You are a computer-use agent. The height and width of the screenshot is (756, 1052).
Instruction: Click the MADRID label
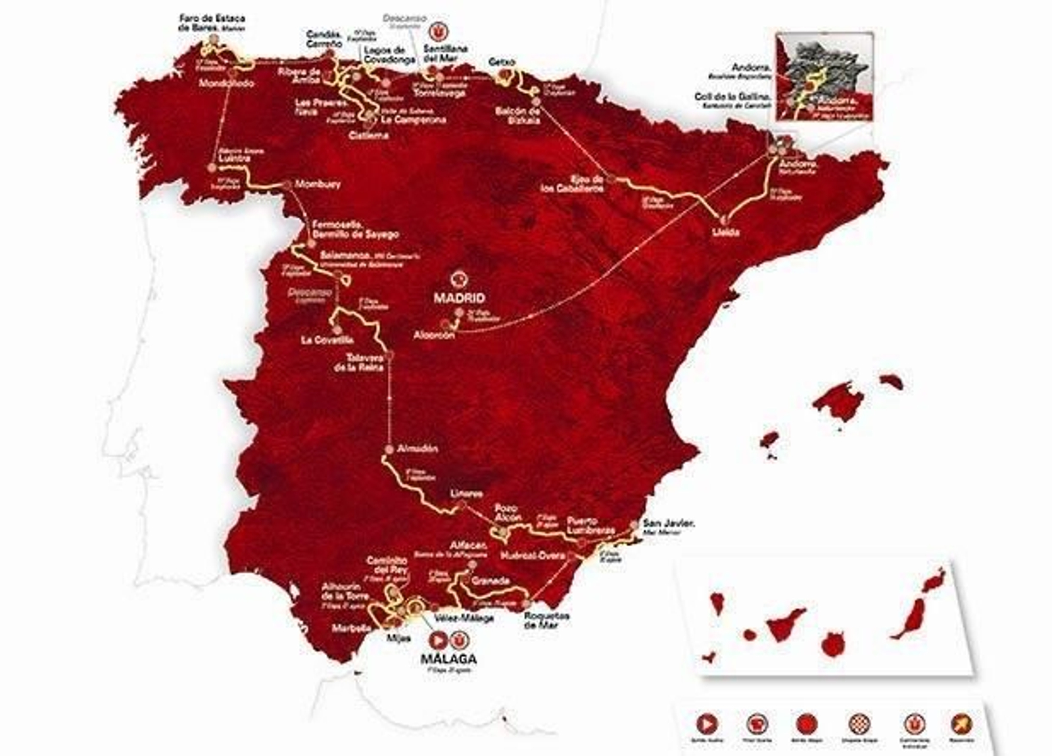[x=458, y=297]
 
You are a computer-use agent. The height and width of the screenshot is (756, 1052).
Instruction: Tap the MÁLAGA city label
[x=449, y=659]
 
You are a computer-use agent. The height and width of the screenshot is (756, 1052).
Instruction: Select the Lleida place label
[x=726, y=232]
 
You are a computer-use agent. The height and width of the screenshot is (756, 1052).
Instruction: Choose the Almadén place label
[x=418, y=449]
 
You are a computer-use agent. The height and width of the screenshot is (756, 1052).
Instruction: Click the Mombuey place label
[x=318, y=185]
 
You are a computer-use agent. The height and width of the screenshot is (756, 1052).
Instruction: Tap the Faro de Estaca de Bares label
[x=212, y=23]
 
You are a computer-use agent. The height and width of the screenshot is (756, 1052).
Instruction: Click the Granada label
[x=490, y=581]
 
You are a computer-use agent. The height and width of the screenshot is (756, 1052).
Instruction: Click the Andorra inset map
[x=825, y=76]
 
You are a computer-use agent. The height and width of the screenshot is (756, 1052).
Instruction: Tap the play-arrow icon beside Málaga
[x=437, y=639]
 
